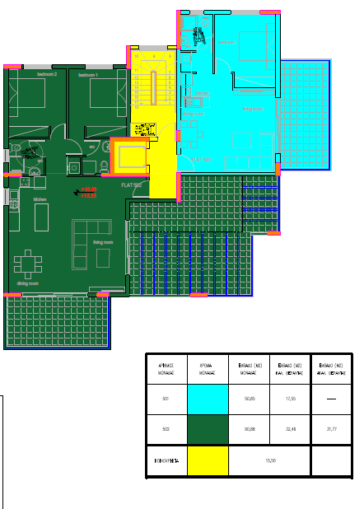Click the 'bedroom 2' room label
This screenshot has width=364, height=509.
(x=46, y=75)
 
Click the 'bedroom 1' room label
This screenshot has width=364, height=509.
(x=88, y=75)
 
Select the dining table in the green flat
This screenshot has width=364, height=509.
(x=27, y=264)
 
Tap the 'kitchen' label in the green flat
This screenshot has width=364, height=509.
(x=39, y=199)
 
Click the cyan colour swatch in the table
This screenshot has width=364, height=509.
(x=208, y=399)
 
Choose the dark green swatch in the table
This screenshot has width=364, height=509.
(x=208, y=429)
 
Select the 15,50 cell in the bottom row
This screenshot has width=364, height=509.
(x=269, y=460)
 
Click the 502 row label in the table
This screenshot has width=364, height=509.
(x=166, y=429)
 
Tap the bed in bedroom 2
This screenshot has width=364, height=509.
(x=29, y=95)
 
